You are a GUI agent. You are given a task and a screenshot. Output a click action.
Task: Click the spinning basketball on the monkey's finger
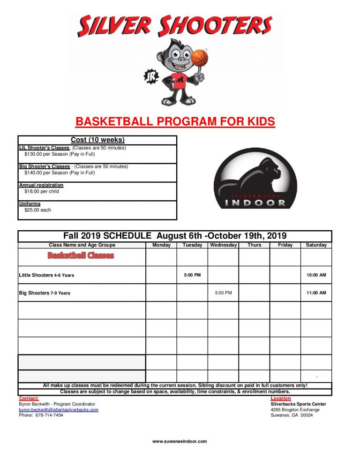click(x=199, y=58)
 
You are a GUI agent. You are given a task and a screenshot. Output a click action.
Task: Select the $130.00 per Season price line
click(x=60, y=154)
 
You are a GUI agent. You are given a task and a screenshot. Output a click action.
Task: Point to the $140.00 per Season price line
click(x=60, y=173)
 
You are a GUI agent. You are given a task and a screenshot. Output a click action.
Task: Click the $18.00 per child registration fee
click(x=42, y=191)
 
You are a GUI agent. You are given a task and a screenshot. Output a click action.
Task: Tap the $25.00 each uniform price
click(x=38, y=210)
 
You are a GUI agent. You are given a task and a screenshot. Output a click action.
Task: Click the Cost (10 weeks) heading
click(x=97, y=140)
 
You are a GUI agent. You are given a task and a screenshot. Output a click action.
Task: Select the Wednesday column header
click(x=223, y=245)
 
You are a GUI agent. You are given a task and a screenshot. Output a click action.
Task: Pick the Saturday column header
click(x=316, y=245)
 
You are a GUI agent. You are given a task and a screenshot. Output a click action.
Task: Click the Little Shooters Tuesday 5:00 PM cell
click(x=192, y=275)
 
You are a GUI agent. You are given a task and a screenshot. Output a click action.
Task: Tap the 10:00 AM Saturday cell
click(x=316, y=275)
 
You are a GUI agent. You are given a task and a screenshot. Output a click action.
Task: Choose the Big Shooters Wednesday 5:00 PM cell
click(x=223, y=293)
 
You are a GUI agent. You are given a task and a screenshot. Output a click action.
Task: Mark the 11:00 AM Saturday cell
click(x=316, y=293)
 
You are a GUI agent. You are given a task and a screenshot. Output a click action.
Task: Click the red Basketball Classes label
click(x=81, y=256)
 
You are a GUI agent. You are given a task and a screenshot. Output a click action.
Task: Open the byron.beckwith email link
click(x=59, y=410)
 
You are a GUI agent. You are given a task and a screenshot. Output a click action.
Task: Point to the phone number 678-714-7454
click(x=48, y=415)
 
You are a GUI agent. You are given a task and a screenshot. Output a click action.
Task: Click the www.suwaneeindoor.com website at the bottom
click(x=180, y=441)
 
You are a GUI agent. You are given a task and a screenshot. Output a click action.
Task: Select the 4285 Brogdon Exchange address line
click(x=295, y=410)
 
